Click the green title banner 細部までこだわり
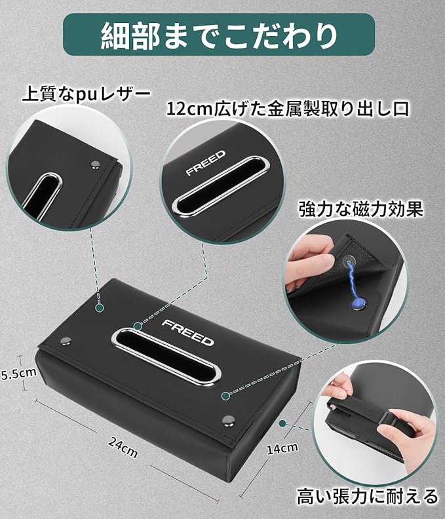click(x=219, y=35)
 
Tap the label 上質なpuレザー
click(x=87, y=95)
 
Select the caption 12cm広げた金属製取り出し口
click(x=288, y=109)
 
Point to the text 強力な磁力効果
click(x=361, y=209)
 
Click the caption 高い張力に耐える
click(x=368, y=497)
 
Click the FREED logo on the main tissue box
click(x=187, y=332)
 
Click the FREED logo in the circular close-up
click(x=206, y=163)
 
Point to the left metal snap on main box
click(x=66, y=340)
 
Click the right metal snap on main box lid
click(x=228, y=421)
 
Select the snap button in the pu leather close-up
click(x=96, y=164)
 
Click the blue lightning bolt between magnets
click(x=353, y=280)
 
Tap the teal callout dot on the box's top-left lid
click(x=100, y=308)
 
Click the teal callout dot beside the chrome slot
click(x=138, y=327)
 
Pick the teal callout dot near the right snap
click(x=225, y=396)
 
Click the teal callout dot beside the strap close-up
click(x=282, y=423)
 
